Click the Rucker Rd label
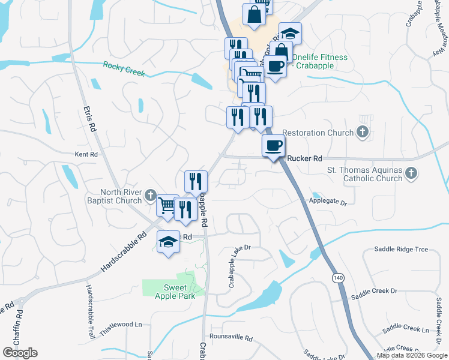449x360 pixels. [305, 158]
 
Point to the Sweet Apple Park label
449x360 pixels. [171, 292]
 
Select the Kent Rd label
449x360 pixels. [86, 154]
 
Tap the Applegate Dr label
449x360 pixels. [328, 203]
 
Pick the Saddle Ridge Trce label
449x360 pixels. [401, 249]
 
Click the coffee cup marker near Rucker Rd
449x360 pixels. [274, 146]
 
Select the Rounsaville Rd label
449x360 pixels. [231, 337]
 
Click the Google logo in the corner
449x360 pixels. [20, 353]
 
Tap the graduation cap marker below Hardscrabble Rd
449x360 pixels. [169, 242]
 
